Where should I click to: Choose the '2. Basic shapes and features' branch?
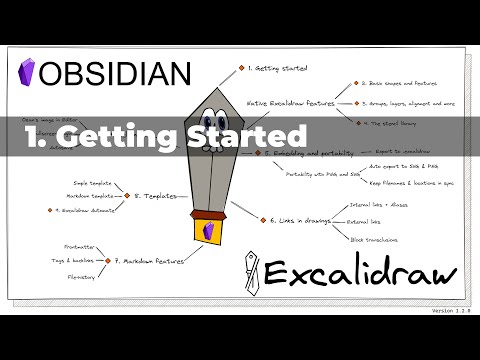pos(405,85)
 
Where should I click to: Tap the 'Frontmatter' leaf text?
pos(79,244)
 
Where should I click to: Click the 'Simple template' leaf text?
pos(94,184)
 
